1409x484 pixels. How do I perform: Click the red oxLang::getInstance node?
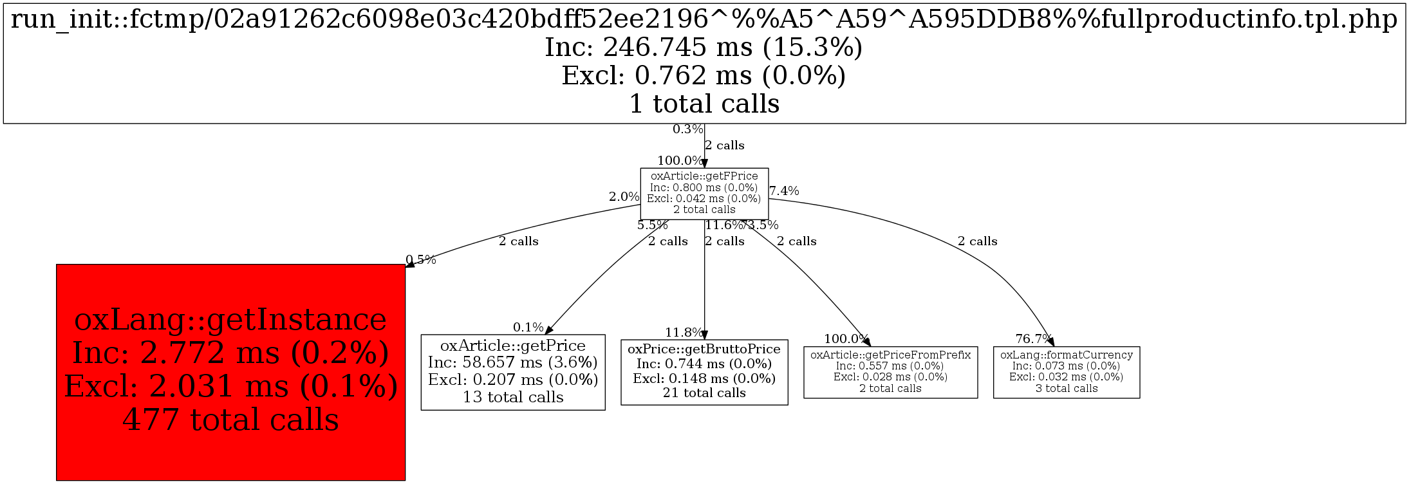point(230,372)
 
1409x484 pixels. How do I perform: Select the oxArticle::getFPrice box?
point(704,193)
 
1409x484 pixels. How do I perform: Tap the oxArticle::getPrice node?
point(513,372)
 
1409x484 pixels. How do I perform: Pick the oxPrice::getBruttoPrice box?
point(704,372)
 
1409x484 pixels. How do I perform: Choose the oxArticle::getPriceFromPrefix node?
point(890,372)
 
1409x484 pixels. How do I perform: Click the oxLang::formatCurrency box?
point(1067,372)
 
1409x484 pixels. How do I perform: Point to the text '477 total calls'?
point(230,420)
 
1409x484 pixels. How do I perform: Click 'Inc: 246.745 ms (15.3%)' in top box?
point(704,48)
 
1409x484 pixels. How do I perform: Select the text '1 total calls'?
point(704,104)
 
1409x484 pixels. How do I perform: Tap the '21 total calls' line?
point(704,393)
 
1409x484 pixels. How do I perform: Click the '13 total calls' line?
point(513,397)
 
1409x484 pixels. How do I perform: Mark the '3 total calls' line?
point(1067,388)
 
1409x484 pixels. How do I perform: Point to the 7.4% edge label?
point(784,191)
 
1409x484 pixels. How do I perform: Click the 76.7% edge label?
point(1033,339)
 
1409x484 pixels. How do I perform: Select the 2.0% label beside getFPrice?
point(624,197)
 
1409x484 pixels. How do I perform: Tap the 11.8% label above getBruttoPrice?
point(684,333)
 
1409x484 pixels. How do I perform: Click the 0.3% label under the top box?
point(688,129)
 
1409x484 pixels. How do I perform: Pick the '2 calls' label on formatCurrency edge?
point(977,241)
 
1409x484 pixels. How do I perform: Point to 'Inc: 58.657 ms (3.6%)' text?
point(513,362)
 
